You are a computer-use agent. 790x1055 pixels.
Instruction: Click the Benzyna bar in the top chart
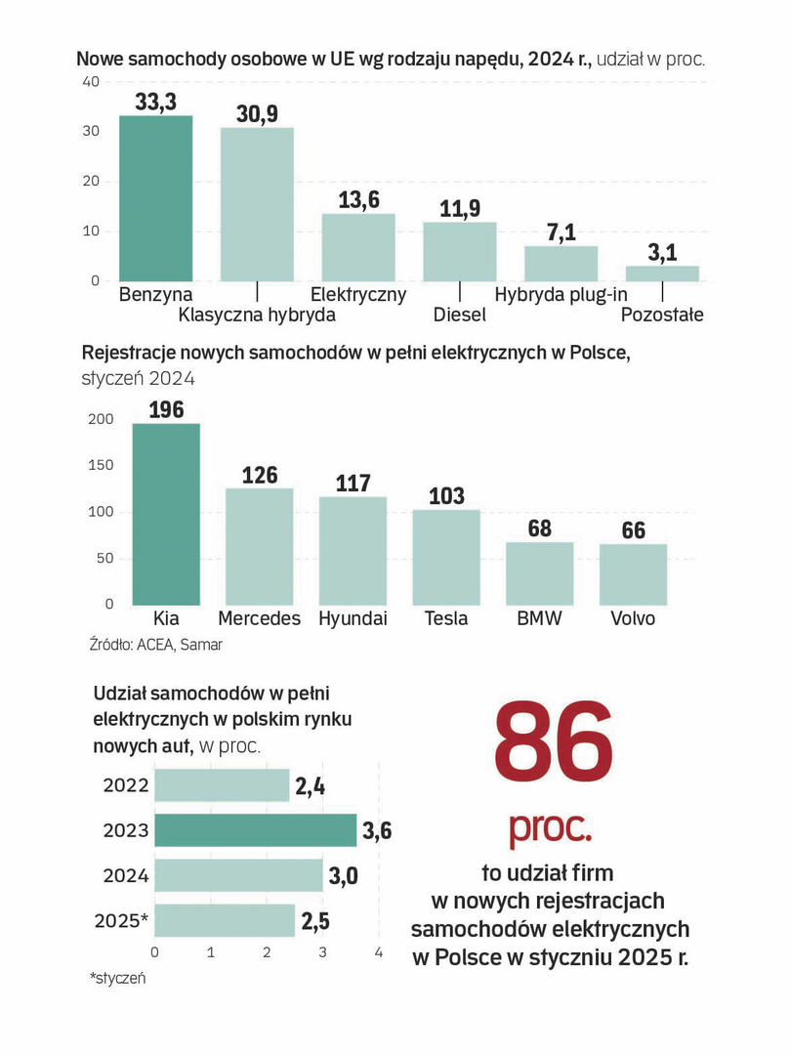click(x=155, y=198)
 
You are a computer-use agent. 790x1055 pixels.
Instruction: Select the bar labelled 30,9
click(x=257, y=204)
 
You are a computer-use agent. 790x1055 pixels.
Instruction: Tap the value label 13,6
click(x=358, y=199)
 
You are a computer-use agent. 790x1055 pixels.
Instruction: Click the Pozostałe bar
click(x=662, y=274)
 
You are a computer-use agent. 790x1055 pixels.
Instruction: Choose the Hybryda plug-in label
click(x=561, y=294)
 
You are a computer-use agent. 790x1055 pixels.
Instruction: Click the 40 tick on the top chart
click(x=91, y=82)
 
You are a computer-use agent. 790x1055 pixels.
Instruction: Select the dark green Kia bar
click(x=166, y=514)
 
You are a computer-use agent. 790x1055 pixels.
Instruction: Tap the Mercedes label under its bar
click(x=259, y=619)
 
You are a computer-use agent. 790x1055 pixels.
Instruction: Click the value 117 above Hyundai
click(x=353, y=483)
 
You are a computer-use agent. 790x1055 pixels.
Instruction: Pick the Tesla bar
click(x=446, y=557)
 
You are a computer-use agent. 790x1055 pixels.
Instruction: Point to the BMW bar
click(x=540, y=573)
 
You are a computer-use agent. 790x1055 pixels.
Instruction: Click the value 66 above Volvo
click(x=634, y=530)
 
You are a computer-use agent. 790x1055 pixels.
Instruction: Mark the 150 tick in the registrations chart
click(x=101, y=466)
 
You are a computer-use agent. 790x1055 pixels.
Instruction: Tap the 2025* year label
click(x=122, y=920)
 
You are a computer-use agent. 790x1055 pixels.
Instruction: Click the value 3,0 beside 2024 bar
click(x=343, y=875)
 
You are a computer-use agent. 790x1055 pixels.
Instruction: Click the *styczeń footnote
click(x=117, y=977)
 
